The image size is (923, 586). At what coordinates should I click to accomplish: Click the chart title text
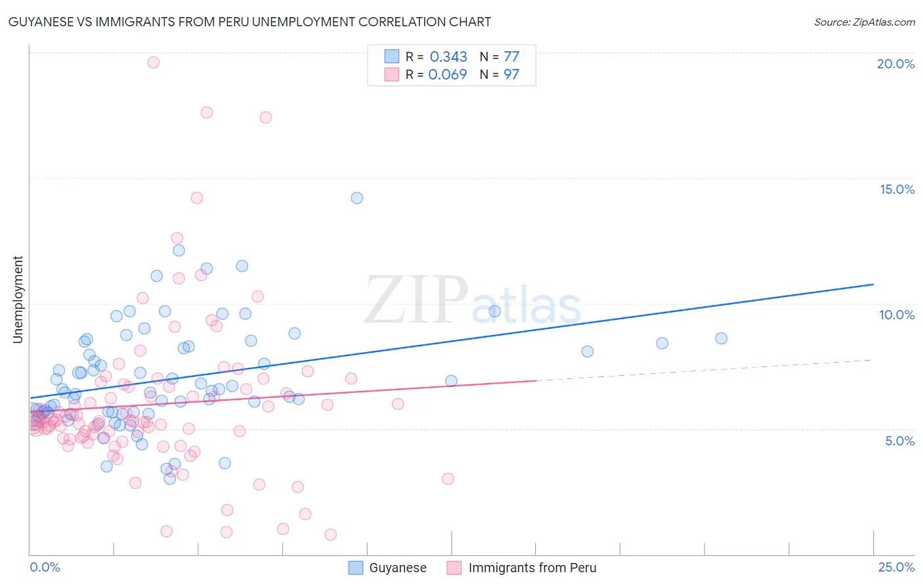click(x=249, y=22)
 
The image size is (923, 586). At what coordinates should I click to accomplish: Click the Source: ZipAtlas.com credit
click(x=864, y=22)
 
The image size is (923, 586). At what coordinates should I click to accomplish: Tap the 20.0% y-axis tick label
click(x=895, y=64)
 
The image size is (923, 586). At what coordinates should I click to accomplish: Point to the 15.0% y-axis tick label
click(x=897, y=189)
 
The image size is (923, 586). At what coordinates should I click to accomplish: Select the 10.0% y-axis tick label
click(x=897, y=315)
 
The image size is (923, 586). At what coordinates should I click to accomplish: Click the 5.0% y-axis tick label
click(x=899, y=441)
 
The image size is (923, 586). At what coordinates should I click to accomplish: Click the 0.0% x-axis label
click(x=45, y=567)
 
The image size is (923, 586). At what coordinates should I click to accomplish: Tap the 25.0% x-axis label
click(x=896, y=567)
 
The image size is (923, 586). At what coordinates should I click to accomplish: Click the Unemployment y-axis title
click(x=18, y=300)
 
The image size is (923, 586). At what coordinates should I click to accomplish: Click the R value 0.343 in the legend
click(x=448, y=57)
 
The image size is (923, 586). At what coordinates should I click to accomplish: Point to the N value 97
click(x=511, y=75)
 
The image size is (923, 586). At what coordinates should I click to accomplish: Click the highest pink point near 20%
click(x=154, y=62)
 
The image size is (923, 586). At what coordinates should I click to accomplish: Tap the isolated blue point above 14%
click(x=357, y=198)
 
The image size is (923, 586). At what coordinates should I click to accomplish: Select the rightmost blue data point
click(x=721, y=338)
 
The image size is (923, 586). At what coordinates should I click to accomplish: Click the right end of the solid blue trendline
click(x=873, y=284)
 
